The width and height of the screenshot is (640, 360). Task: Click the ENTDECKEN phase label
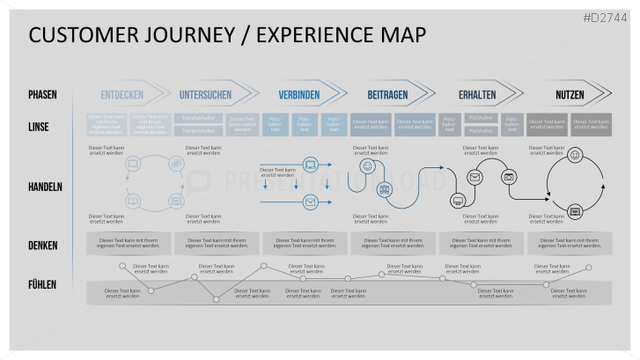click(x=121, y=95)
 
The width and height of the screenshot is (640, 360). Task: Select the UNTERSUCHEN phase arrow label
click(x=205, y=95)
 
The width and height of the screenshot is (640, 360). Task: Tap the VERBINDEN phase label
click(x=299, y=95)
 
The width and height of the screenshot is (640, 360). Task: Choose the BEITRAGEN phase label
click(x=387, y=95)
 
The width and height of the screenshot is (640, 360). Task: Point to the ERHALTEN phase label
click(x=477, y=95)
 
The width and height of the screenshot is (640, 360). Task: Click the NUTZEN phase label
click(x=570, y=95)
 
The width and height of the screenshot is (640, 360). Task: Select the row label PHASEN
click(x=44, y=95)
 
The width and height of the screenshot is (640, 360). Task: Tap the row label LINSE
click(x=39, y=127)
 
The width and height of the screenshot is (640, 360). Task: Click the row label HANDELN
click(x=45, y=186)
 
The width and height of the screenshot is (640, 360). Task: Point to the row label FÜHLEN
click(x=42, y=284)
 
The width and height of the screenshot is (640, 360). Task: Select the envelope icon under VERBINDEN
click(x=310, y=202)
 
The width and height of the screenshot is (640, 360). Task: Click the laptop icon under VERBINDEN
click(x=310, y=164)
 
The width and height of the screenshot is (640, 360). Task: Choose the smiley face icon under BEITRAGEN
click(x=368, y=165)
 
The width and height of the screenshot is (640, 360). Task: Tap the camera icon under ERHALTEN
click(x=509, y=177)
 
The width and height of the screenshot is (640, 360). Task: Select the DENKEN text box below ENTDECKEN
click(x=129, y=243)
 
